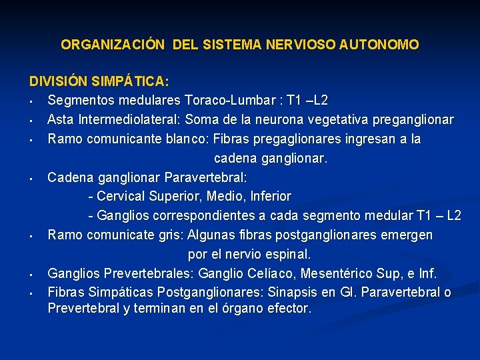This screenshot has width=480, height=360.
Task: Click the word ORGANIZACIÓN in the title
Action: (113, 45)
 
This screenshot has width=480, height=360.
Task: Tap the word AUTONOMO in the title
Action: (379, 45)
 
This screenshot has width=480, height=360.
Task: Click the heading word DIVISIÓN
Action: (57, 81)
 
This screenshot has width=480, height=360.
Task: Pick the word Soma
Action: (200, 120)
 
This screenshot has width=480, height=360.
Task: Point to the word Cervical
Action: (123, 197)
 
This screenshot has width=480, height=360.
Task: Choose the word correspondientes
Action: (210, 216)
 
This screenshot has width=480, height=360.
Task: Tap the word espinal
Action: (287, 255)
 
